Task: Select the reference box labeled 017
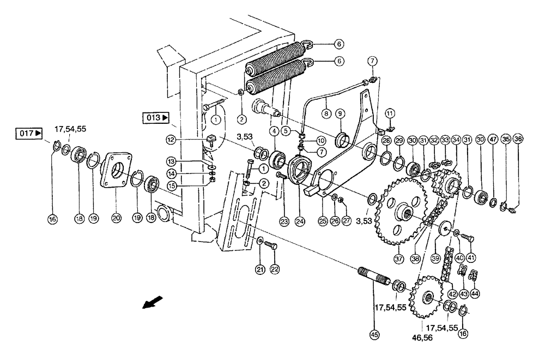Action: pos(29,133)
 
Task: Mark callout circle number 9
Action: pos(339,113)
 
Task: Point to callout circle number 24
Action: pos(299,221)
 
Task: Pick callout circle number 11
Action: pos(389,113)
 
